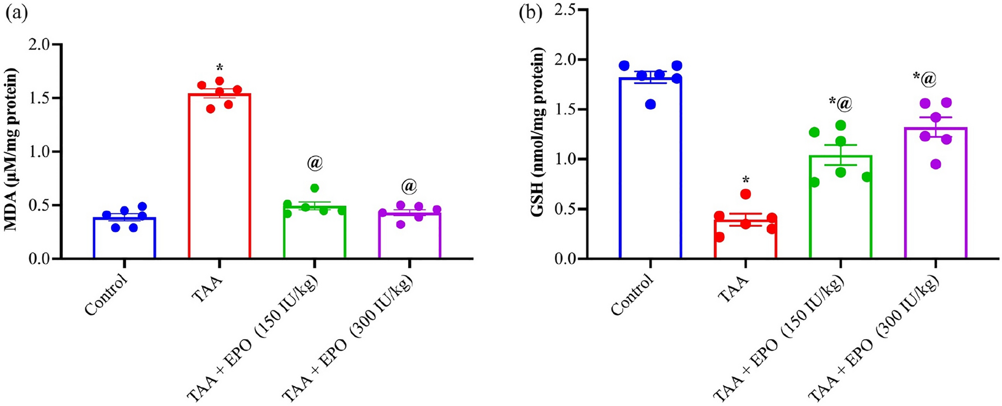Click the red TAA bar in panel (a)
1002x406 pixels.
(219, 181)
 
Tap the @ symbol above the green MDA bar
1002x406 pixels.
(315, 163)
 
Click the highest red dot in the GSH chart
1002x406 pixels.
(746, 194)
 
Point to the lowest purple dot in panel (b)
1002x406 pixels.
(936, 164)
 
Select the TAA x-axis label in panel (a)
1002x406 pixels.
(208, 281)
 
